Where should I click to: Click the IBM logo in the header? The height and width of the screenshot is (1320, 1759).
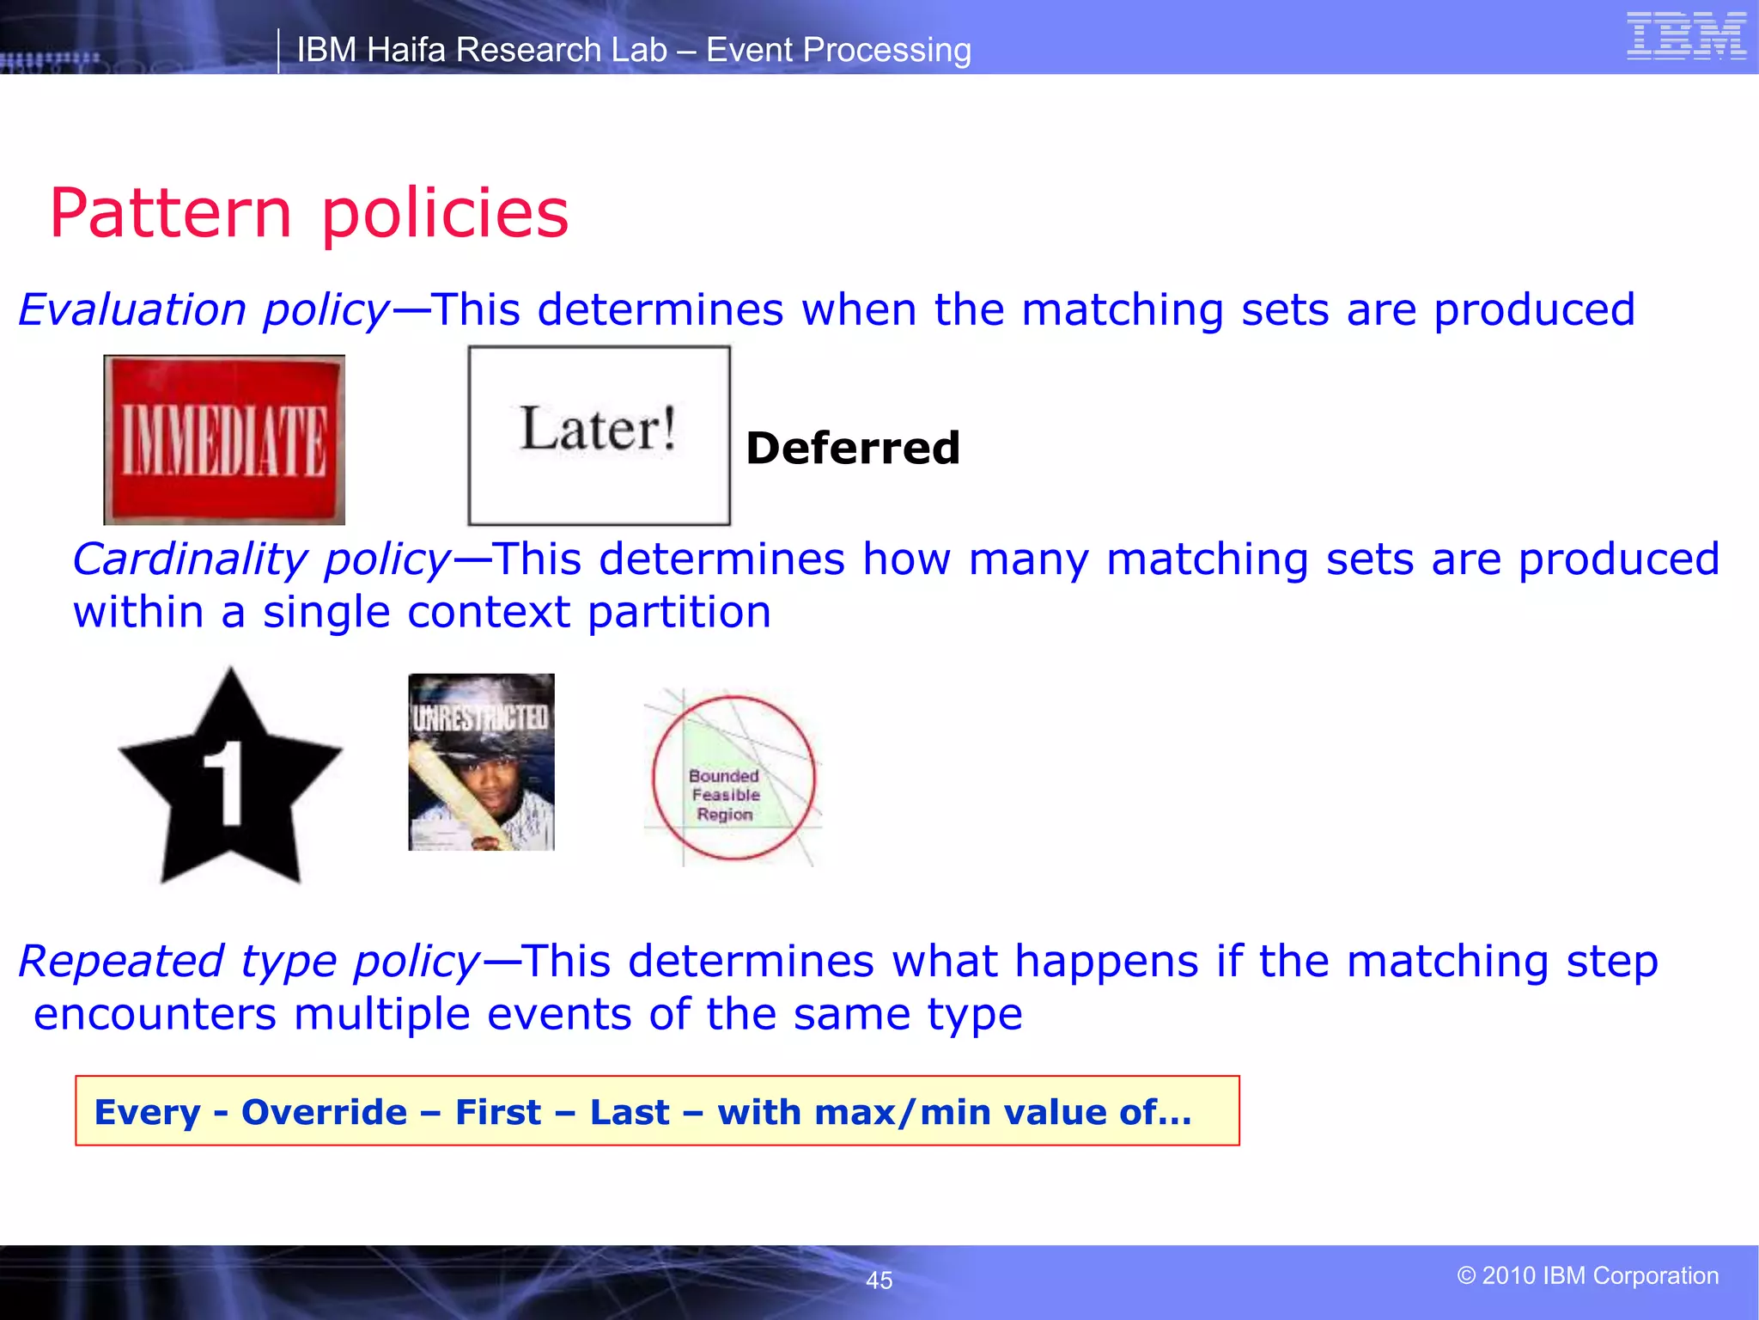(1686, 37)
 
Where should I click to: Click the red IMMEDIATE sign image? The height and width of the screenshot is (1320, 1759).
(224, 440)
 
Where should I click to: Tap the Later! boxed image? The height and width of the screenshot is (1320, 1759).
(599, 435)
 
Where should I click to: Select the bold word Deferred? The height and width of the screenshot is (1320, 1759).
(852, 449)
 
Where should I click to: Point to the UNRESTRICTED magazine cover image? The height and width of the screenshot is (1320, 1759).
(481, 762)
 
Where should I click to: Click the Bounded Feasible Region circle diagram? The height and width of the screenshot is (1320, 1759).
(733, 778)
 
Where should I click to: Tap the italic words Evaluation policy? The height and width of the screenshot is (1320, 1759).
(204, 309)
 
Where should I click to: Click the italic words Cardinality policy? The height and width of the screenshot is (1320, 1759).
(261, 559)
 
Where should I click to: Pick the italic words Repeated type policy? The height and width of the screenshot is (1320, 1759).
(249, 961)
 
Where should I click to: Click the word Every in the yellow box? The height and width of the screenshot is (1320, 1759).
(147, 1112)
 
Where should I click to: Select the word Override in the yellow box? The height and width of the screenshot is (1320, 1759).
(324, 1112)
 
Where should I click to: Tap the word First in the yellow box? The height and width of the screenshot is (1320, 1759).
(498, 1112)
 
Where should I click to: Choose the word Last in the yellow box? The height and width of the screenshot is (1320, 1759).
(629, 1112)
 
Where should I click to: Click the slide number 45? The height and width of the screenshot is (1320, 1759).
(879, 1280)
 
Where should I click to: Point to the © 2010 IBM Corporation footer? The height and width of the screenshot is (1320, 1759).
(1587, 1275)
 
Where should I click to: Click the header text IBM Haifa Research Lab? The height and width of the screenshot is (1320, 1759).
(482, 50)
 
